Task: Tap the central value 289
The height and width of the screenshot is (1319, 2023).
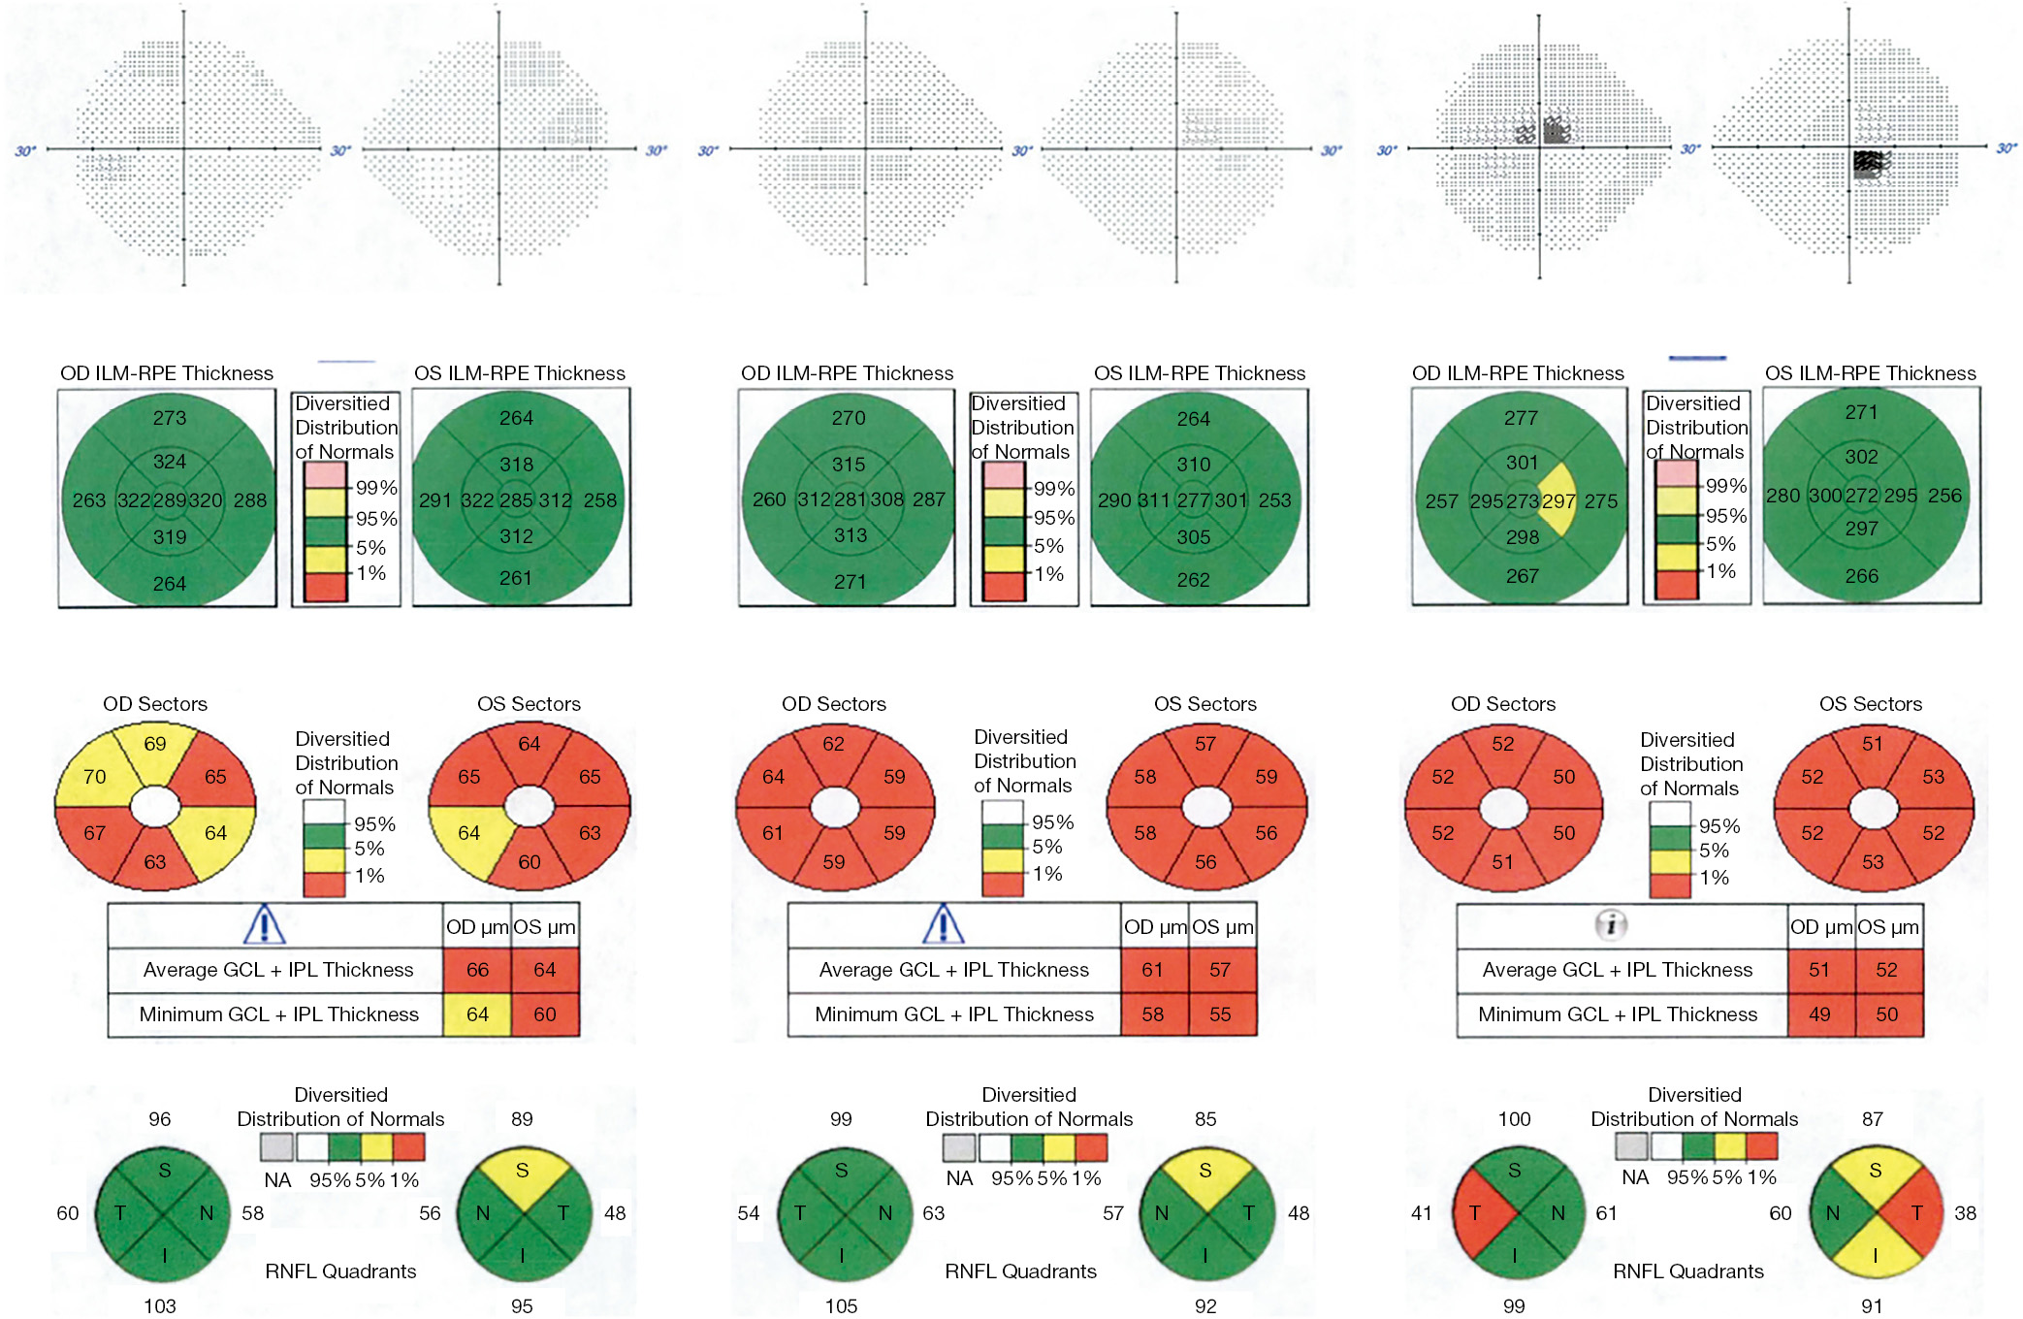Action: (x=170, y=500)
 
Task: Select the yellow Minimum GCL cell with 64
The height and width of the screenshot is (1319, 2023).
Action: (x=477, y=1014)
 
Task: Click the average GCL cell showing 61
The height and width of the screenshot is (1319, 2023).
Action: (x=1152, y=970)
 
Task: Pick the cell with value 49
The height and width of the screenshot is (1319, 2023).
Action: (x=1819, y=1014)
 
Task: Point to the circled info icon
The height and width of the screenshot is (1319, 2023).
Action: (x=1611, y=925)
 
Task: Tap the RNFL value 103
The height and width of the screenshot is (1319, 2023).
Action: (x=160, y=1306)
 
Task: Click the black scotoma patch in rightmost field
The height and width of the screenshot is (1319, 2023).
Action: (x=1866, y=162)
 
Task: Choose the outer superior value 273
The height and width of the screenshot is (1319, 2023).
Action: (x=170, y=418)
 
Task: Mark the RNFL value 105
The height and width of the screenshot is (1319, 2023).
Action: (x=841, y=1306)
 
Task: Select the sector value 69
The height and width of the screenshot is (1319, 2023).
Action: (x=155, y=744)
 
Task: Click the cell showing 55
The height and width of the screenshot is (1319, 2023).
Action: (x=1220, y=1014)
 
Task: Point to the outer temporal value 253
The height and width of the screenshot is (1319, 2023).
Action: (x=1274, y=500)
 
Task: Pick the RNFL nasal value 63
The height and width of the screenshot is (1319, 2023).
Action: (x=933, y=1213)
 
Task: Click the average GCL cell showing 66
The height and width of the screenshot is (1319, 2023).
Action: (x=477, y=970)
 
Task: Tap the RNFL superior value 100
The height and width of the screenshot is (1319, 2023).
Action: (x=1514, y=1119)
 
